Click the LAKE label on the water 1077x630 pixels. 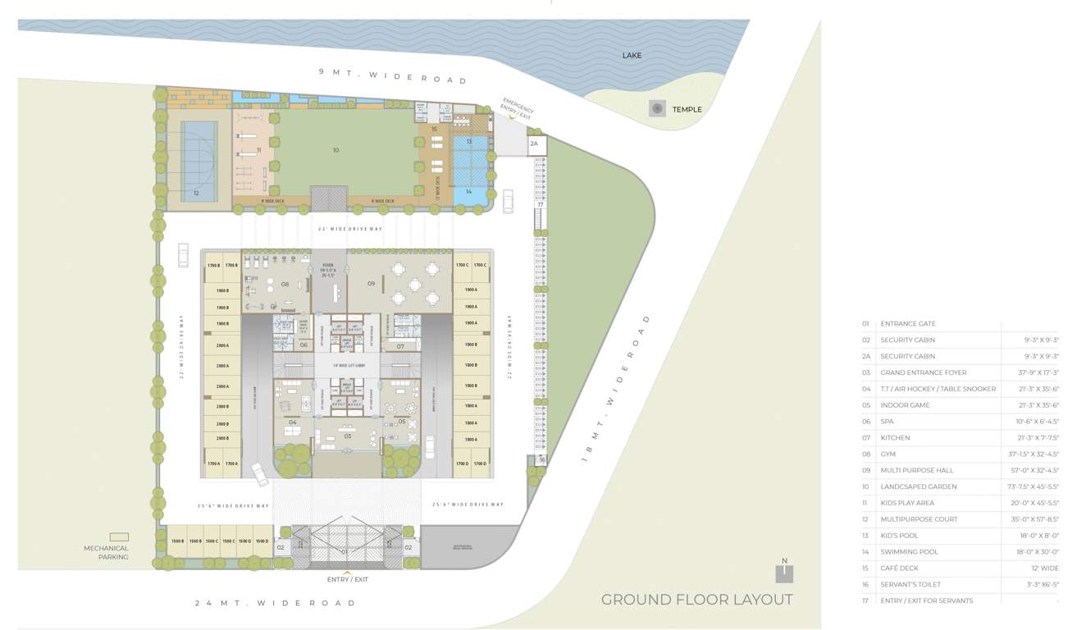632,55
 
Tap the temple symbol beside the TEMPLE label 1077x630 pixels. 656,108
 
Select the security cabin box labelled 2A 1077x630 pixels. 534,144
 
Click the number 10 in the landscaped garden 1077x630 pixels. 335,150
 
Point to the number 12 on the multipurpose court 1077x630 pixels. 196,194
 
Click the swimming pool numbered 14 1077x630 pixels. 469,191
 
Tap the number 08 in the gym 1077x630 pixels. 285,284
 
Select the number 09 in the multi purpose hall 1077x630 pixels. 371,284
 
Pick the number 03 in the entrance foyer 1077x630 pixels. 347,436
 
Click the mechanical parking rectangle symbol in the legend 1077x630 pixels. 119,536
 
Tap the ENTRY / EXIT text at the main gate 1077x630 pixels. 347,579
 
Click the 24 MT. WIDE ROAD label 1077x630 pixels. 275,603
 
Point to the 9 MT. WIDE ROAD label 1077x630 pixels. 392,76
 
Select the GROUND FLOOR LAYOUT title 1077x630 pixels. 696,600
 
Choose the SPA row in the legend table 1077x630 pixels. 888,421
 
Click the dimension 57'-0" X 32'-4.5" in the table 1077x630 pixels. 1033,470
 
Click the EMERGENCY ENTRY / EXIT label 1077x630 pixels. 518,109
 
